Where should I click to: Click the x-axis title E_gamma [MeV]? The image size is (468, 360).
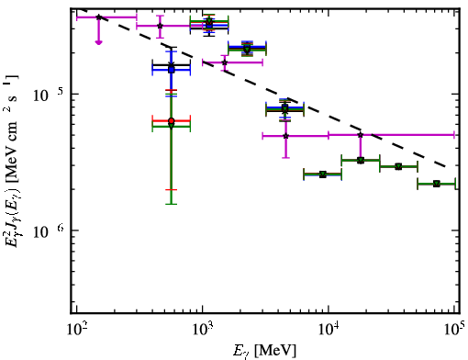click(x=264, y=351)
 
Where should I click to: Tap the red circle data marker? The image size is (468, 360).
click(x=172, y=121)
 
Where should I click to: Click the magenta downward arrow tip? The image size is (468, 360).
click(x=98, y=44)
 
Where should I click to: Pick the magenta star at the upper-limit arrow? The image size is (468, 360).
click(x=98, y=17)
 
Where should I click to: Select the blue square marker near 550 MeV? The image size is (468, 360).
click(x=172, y=70)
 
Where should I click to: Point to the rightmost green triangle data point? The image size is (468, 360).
click(x=437, y=184)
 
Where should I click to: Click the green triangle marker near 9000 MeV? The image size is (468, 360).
click(x=323, y=174)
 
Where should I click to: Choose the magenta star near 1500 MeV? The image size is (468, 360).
click(x=225, y=62)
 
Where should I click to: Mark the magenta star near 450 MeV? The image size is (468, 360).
click(x=160, y=26)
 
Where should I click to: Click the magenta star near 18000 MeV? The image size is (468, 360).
click(x=361, y=135)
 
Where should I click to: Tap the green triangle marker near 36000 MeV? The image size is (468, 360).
click(x=398, y=166)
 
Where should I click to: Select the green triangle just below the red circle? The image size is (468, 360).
click(x=172, y=126)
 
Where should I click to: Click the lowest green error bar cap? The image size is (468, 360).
click(x=172, y=204)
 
